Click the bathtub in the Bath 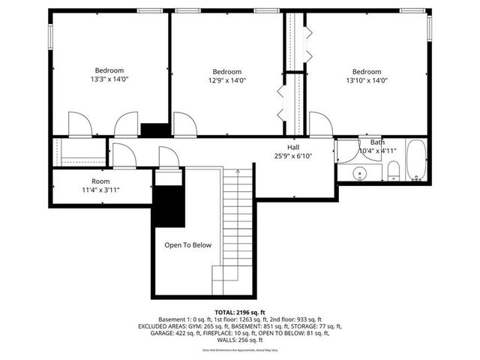416,160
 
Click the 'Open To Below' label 188,245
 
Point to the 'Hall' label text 292,147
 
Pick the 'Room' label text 100,181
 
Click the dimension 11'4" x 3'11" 100,190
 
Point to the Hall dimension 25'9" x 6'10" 292,156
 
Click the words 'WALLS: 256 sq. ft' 239,341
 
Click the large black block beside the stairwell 169,205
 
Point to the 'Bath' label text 376,142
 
